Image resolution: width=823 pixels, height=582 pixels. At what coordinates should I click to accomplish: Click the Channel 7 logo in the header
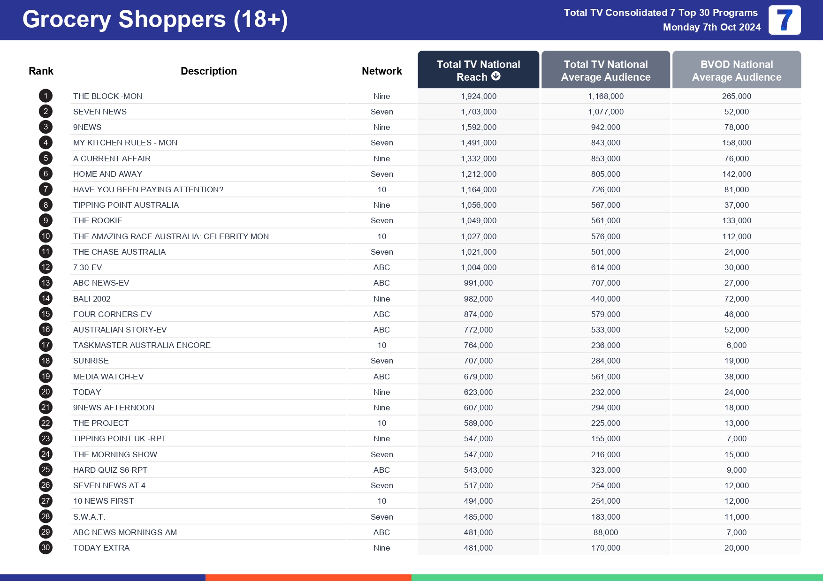coord(784,20)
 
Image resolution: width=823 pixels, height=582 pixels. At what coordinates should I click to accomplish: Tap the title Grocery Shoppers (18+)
coord(155,20)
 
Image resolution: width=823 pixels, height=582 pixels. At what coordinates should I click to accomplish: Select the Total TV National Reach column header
coord(478,70)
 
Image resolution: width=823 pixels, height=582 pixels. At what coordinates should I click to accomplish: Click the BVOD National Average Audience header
coord(736,70)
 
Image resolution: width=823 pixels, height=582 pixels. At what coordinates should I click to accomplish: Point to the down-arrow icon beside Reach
coord(496,76)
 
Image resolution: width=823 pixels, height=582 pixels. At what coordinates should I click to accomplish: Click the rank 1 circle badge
coord(46,96)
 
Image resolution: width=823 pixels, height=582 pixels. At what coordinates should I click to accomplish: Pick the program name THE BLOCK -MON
coord(107,96)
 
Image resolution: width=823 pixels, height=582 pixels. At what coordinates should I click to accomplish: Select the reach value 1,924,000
coord(478,96)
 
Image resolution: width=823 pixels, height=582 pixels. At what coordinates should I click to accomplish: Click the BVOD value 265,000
coord(736,96)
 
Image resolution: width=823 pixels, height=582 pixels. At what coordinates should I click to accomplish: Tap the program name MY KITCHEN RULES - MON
coord(125,143)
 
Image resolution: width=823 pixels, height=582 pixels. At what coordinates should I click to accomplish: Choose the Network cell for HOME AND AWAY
coord(381,174)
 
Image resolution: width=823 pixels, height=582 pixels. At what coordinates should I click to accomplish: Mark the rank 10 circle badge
coord(46,236)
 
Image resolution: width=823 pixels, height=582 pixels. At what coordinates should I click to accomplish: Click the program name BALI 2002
coord(91,299)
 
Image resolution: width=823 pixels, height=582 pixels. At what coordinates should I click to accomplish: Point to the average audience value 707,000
coord(605,283)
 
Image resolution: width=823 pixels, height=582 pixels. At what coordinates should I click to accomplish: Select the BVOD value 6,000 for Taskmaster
coord(736,345)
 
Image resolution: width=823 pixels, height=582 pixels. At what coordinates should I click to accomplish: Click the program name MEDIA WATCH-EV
coord(108,377)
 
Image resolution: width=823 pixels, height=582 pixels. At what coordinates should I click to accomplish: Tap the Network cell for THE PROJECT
coord(381,423)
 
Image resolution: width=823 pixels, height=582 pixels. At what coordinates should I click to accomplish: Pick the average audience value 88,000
coord(605,532)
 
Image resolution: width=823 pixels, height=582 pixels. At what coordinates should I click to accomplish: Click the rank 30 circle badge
coord(46,548)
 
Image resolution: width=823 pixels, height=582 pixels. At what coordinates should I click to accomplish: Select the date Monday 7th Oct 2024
coord(711,27)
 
